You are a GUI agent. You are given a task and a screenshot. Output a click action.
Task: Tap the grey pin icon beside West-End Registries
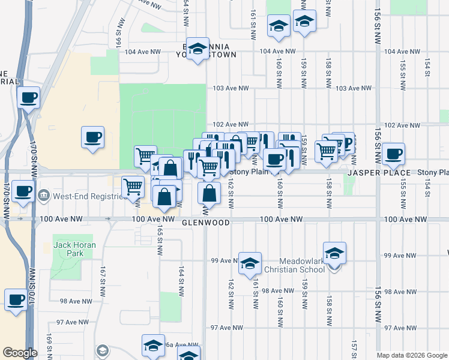[43, 196]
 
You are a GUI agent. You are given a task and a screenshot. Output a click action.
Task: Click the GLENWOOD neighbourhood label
[206, 222]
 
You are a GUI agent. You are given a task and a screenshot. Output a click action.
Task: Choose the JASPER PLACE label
[378, 173]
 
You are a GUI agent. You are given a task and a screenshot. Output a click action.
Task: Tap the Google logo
[20, 353]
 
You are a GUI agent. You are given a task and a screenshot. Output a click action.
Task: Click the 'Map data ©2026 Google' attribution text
[412, 355]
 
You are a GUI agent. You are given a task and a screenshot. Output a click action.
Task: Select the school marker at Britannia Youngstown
[196, 49]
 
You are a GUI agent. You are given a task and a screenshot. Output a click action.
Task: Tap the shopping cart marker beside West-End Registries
[133, 187]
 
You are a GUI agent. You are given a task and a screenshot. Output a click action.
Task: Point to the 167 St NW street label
[103, 275]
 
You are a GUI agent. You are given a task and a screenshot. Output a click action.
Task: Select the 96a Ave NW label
[170, 345]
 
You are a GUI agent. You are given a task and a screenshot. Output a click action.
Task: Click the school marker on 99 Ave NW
[250, 263]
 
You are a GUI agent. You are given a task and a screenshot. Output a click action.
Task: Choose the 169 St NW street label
[48, 350]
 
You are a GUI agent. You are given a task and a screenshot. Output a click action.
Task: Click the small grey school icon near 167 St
[103, 350]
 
